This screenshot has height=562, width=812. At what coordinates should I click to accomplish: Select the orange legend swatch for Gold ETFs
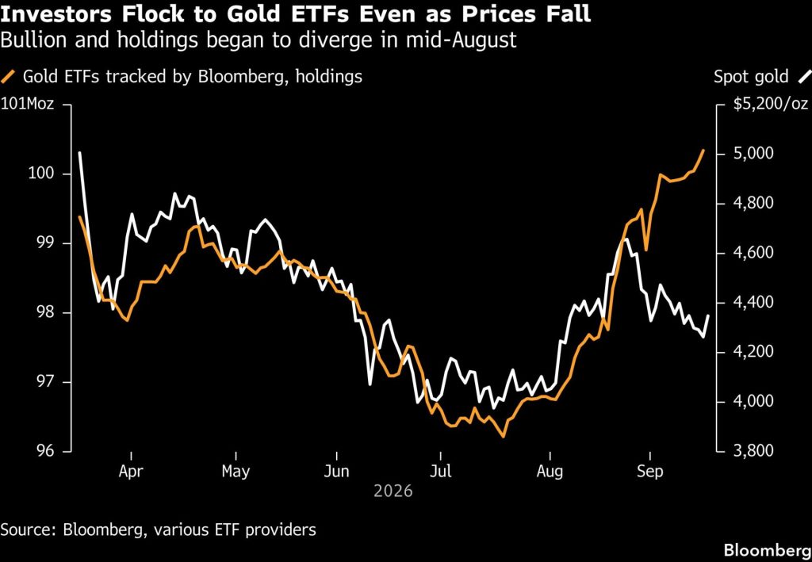pyautogui.click(x=9, y=77)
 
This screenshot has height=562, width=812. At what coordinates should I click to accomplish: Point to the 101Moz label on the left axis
pyautogui.click(x=27, y=104)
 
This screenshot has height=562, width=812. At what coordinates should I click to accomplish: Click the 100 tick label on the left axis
pyautogui.click(x=41, y=174)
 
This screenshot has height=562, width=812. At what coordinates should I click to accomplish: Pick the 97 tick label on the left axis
pyautogui.click(x=45, y=382)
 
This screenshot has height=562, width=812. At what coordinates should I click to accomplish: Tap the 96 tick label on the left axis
pyautogui.click(x=45, y=452)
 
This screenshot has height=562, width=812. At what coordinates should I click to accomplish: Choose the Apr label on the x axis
pyautogui.click(x=131, y=472)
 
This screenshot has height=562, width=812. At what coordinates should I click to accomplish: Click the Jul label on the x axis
pyautogui.click(x=440, y=472)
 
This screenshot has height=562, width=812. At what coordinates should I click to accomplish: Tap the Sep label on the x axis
pyautogui.click(x=649, y=472)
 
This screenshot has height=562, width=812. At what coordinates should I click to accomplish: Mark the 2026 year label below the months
pyautogui.click(x=393, y=491)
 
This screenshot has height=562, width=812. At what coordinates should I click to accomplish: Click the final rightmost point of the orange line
pyautogui.click(x=703, y=150)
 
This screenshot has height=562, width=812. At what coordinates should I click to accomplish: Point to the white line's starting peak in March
pyautogui.click(x=80, y=152)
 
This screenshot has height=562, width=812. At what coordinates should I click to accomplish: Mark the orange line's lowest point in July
pyautogui.click(x=502, y=436)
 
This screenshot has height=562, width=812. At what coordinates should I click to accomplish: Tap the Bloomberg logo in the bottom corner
pyautogui.click(x=768, y=549)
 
